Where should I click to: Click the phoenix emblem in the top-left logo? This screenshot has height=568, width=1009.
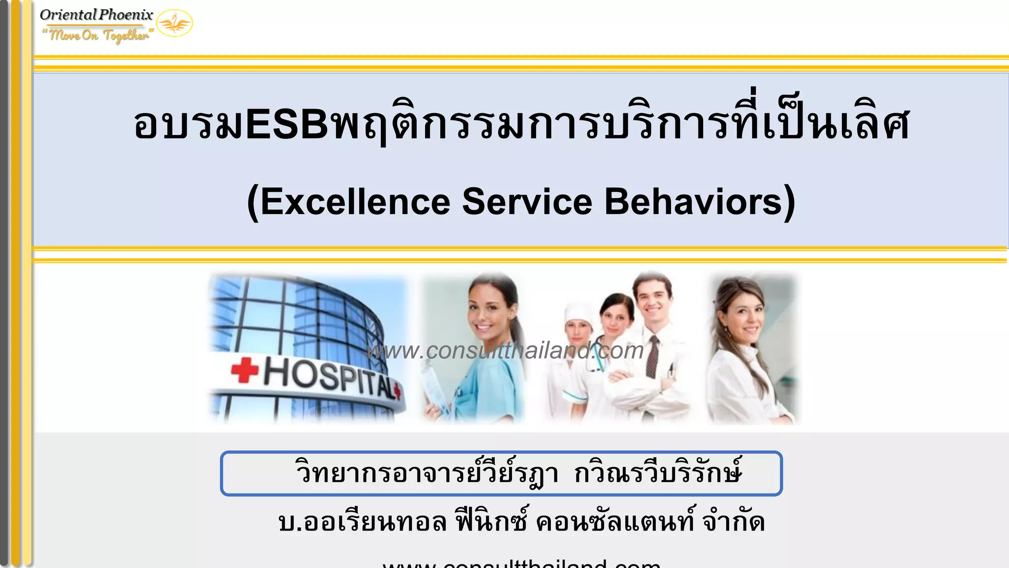pos(174,23)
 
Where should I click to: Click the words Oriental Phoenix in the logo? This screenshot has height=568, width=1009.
pos(97,15)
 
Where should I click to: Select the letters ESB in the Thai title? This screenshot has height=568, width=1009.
pos(287,124)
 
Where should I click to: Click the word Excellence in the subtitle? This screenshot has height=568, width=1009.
pos(355,202)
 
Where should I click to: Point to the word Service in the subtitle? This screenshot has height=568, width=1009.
pos(527,202)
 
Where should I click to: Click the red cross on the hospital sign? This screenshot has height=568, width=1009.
pos(245,370)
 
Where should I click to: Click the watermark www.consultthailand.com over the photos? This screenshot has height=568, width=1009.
pos(505,351)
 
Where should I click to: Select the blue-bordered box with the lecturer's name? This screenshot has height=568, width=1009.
pos(501,473)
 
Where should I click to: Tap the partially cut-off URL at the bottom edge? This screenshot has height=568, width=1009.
pos(521,563)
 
